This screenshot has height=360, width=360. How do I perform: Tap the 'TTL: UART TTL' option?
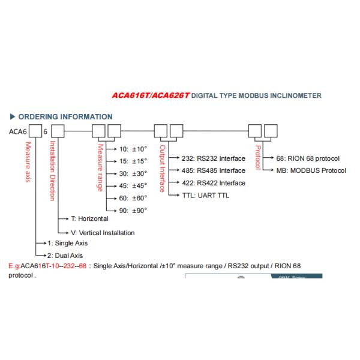click(197, 196)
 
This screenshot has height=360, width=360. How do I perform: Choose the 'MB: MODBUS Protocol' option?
click(311, 170)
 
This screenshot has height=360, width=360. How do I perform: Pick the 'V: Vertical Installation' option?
click(103, 233)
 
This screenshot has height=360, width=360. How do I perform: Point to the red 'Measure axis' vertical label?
click(27, 163)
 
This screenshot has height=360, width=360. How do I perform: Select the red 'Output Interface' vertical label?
click(163, 169)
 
